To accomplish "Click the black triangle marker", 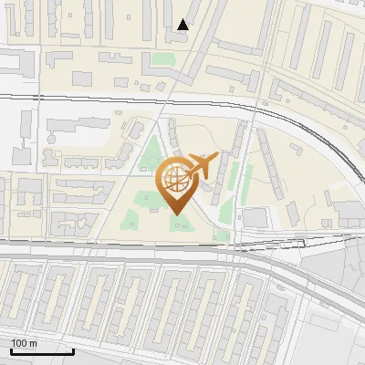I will (x=183, y=25).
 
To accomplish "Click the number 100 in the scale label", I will (x=20, y=343).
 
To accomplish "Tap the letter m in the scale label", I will (x=33, y=343).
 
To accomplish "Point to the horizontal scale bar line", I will (x=42, y=351).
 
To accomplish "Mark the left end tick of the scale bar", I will (x=11, y=349).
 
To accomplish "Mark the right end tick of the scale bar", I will (x=73, y=349).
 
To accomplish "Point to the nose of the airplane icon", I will (x=218, y=157).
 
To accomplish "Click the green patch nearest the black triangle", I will (x=162, y=62).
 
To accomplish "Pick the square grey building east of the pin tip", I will (x=255, y=217).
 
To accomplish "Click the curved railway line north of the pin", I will (x=301, y=128).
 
